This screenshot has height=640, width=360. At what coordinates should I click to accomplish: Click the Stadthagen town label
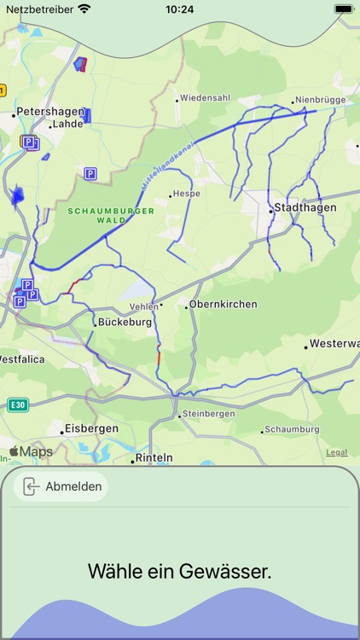(304, 207)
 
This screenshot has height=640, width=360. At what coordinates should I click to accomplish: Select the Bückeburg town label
(125, 323)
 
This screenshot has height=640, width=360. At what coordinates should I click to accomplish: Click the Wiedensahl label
(205, 97)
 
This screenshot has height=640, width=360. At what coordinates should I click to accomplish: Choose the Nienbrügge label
(320, 100)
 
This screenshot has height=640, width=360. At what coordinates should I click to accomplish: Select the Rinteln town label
(154, 458)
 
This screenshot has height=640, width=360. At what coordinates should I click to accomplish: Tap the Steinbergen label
(208, 414)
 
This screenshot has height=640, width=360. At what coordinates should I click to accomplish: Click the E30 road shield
(17, 404)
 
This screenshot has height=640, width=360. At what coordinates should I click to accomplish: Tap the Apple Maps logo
(31, 451)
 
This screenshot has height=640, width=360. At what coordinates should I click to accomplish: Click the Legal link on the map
(336, 452)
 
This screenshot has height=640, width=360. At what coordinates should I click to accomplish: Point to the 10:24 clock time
(179, 9)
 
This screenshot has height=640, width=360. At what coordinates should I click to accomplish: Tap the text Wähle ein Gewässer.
(180, 572)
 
